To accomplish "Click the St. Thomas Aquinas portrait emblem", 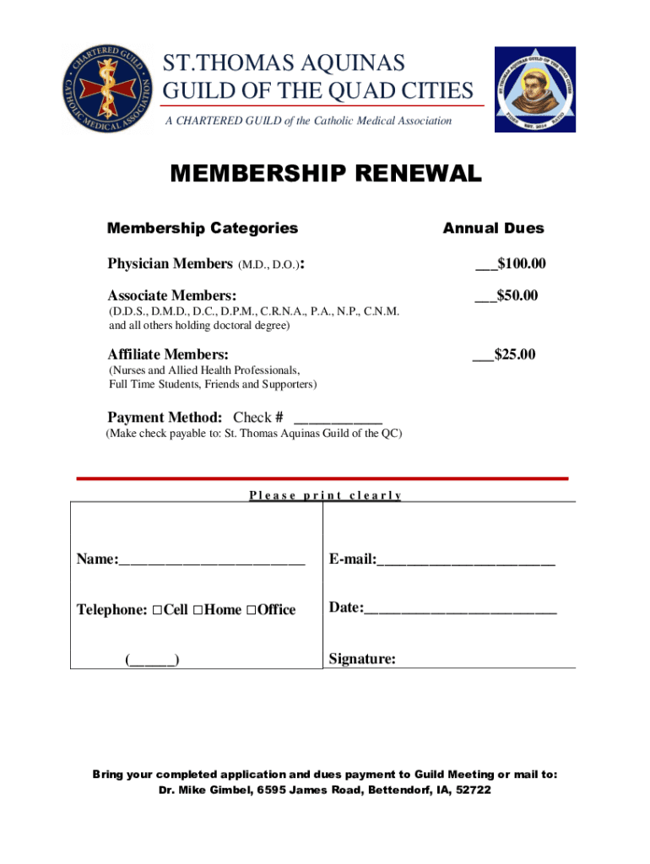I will (x=534, y=89).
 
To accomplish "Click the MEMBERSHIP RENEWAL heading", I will (x=326, y=175).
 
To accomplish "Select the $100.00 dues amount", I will (x=521, y=265).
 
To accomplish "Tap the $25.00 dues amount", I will (x=514, y=354).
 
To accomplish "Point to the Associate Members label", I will (x=171, y=295).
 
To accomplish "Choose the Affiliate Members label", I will (x=167, y=354).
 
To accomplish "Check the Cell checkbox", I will (x=157, y=610).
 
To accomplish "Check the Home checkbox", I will (x=197, y=610).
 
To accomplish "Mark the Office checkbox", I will (x=251, y=610).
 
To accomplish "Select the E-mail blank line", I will (x=466, y=560).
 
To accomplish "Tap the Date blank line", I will (x=460, y=609).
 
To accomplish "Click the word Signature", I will (x=362, y=659).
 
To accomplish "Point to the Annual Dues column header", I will (x=494, y=228).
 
